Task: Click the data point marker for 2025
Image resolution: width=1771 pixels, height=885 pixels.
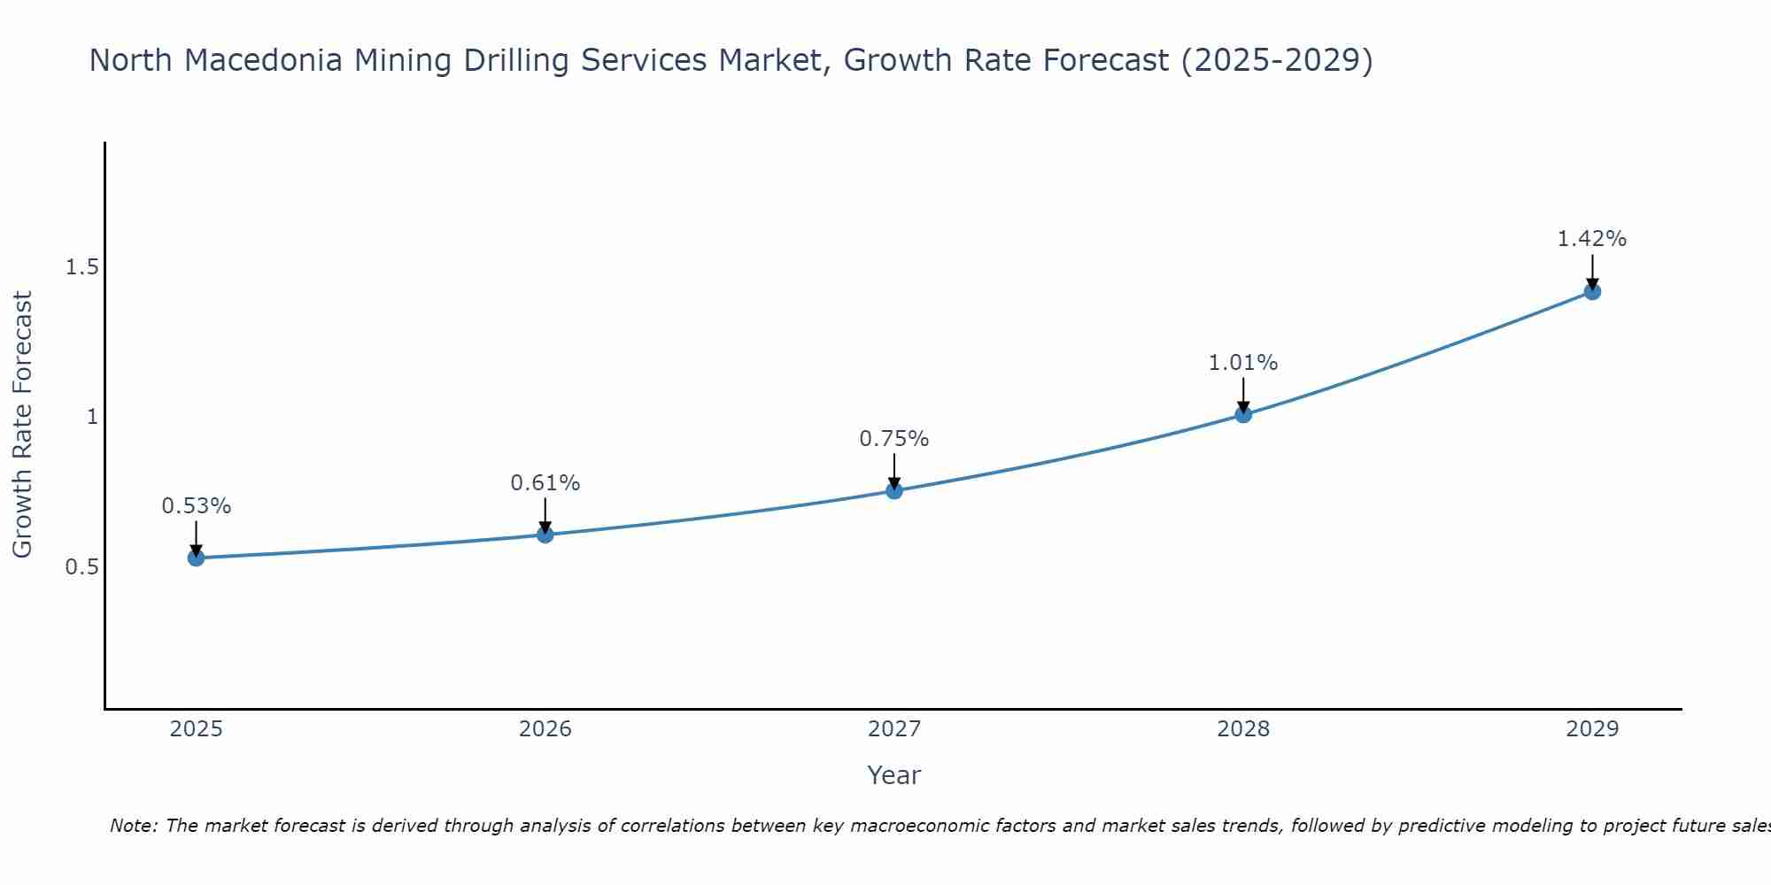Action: [x=196, y=558]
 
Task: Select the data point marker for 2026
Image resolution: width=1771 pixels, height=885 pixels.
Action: [x=545, y=535]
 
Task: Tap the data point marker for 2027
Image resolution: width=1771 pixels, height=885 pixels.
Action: [x=894, y=490]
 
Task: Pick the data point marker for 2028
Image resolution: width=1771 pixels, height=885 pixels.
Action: [x=1243, y=414]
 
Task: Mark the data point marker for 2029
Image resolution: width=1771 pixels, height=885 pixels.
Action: [x=1592, y=291]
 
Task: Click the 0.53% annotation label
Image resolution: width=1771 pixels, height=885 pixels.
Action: [x=196, y=506]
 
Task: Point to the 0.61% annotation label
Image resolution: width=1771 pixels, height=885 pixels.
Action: [x=545, y=483]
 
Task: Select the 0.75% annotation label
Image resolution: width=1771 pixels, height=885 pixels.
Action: [x=894, y=439]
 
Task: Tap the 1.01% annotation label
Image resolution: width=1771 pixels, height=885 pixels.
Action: [x=1243, y=363]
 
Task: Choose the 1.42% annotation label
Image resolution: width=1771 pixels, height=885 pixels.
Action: [x=1592, y=239]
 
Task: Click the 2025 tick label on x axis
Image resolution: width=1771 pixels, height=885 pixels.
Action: [x=196, y=729]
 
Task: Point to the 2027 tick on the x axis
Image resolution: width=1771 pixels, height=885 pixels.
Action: [x=894, y=729]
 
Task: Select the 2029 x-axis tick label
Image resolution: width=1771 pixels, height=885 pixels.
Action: [x=1592, y=729]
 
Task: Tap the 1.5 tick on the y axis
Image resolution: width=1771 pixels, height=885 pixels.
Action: [x=81, y=267]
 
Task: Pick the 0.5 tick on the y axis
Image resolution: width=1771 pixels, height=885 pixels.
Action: [x=81, y=566]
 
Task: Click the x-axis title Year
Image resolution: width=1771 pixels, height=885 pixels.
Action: [x=894, y=775]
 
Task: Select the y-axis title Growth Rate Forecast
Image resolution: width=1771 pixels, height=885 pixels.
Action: [x=22, y=425]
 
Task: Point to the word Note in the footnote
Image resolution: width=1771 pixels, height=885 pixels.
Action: [x=133, y=826]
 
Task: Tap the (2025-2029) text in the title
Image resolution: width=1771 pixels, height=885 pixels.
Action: [x=1277, y=60]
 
